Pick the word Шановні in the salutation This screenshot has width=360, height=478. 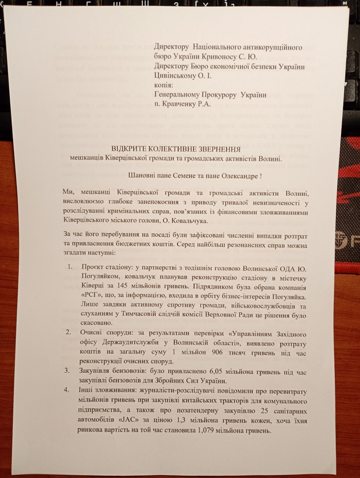pyautogui.click(x=141, y=176)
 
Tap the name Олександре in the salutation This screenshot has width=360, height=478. pyautogui.click(x=238, y=176)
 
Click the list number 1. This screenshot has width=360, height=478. pyautogui.click(x=70, y=267)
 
